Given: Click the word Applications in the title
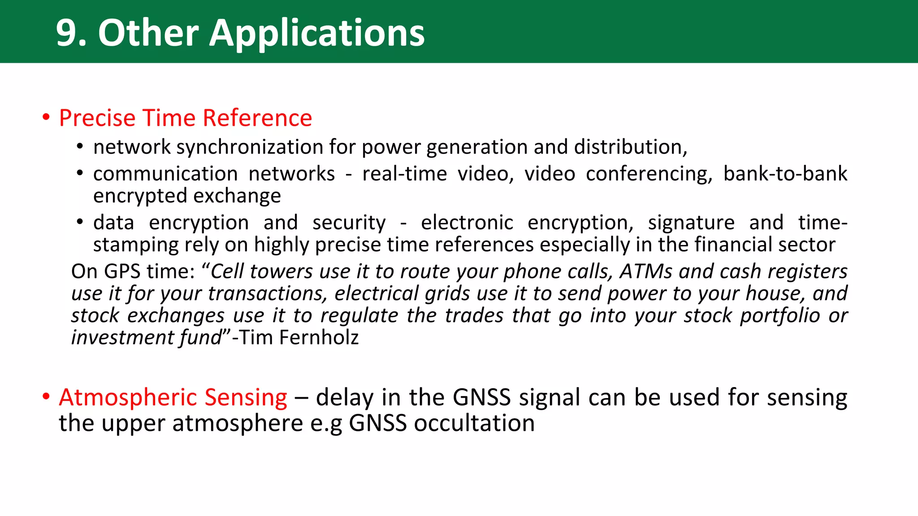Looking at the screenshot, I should (x=316, y=33).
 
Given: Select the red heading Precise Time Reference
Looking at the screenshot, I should (x=185, y=118).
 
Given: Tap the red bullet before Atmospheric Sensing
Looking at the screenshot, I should (x=46, y=397).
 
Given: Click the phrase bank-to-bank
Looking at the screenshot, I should (x=785, y=174).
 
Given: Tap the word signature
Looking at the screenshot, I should (x=691, y=223).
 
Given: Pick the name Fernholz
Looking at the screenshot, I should (x=319, y=337).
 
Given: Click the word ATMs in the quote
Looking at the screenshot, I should (x=646, y=271).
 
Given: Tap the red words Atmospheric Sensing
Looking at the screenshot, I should (x=173, y=397).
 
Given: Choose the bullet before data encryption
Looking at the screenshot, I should (x=80, y=222).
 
